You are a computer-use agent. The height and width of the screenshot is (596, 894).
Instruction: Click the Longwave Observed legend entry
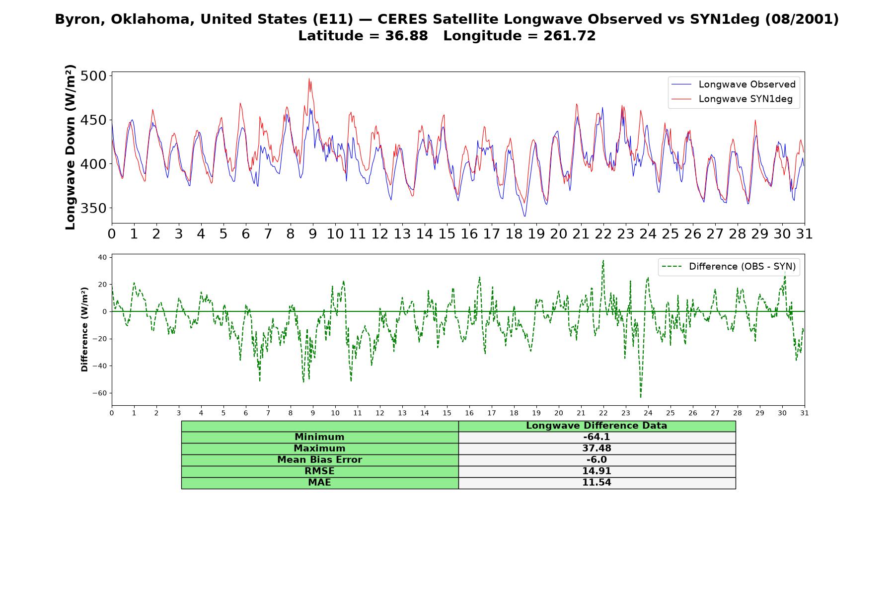734,84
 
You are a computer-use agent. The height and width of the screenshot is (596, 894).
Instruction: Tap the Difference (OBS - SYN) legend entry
729,267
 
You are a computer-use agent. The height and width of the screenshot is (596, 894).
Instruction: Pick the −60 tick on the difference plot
99,393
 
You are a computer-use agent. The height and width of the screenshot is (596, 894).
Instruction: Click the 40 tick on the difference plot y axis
102,257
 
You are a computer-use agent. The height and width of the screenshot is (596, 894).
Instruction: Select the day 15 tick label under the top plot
447,234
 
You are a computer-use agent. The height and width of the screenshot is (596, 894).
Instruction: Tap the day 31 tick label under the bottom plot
805,413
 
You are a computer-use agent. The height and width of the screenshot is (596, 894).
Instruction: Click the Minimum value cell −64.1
596,437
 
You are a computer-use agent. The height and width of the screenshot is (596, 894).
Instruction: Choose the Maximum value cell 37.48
596,448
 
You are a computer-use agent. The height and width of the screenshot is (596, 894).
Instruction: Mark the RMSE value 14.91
596,471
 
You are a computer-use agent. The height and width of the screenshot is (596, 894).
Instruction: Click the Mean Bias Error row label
319,460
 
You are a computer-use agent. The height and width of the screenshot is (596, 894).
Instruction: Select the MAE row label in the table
319,483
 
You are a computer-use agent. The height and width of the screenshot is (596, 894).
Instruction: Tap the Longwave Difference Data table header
596,426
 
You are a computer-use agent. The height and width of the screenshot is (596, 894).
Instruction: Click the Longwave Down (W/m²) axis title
71,147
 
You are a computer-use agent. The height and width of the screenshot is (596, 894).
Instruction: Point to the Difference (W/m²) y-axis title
84,329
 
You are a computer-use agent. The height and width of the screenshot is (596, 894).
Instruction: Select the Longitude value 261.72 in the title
570,36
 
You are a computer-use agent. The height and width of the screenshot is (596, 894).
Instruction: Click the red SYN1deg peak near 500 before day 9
309,78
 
